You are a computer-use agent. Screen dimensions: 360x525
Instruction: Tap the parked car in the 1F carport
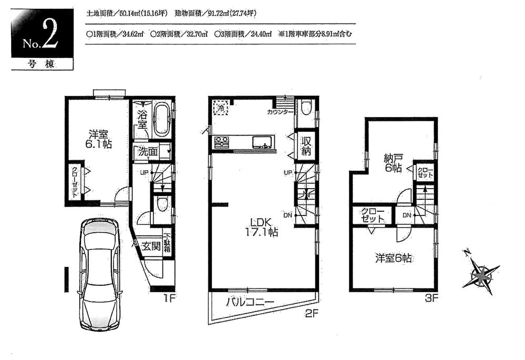pyautogui.click(x=100, y=268)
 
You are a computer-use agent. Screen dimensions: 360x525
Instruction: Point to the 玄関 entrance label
pyautogui.click(x=150, y=246)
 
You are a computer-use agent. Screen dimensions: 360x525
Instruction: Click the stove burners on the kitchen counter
pyautogui.click(x=221, y=142)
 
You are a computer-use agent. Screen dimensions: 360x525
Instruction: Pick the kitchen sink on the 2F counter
pyautogui.click(x=261, y=142)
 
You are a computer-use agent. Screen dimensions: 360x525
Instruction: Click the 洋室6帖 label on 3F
pyautogui.click(x=393, y=258)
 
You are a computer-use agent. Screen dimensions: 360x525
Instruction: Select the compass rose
pyautogui.click(x=480, y=273)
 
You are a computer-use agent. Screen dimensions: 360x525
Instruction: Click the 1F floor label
pyautogui.click(x=169, y=299)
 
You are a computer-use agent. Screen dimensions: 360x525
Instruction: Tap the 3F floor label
pyautogui.click(x=431, y=299)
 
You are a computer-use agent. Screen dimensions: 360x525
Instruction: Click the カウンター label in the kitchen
pyautogui.click(x=280, y=112)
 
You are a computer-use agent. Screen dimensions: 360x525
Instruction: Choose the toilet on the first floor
pyautogui.click(x=162, y=203)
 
